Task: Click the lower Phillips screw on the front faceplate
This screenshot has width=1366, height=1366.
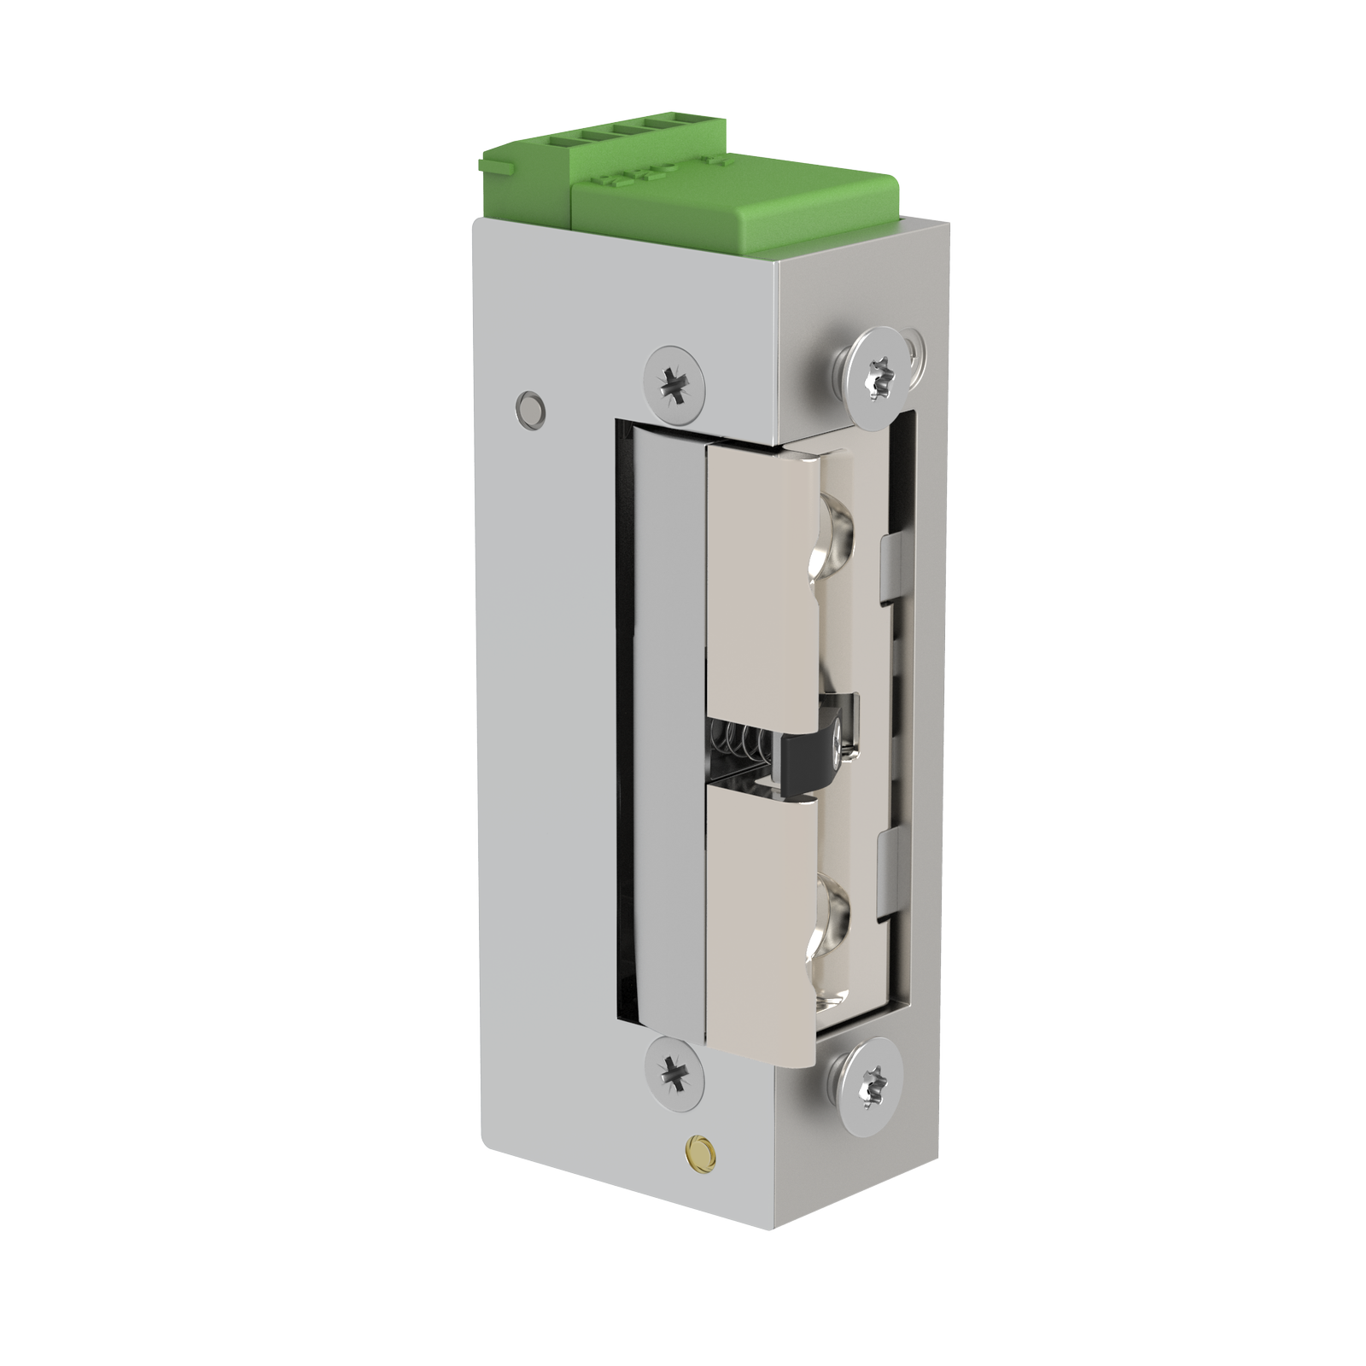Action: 675,1070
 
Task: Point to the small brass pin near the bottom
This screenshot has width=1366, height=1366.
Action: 701,1147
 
